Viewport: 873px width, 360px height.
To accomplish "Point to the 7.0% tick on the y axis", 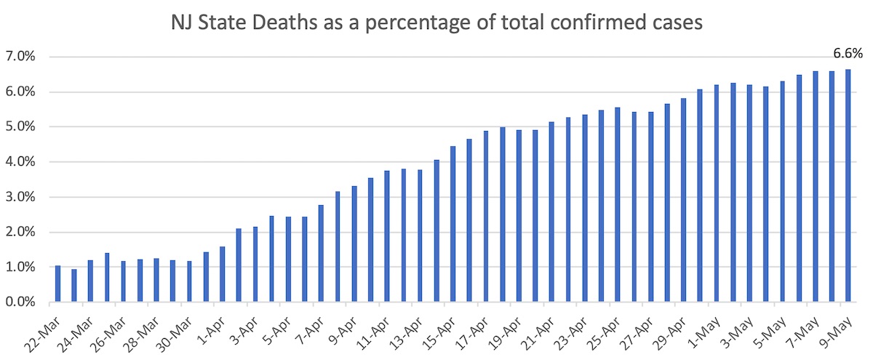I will [22, 57].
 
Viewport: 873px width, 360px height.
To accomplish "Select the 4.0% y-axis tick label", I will [22, 162].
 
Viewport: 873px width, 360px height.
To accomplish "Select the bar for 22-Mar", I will [57, 284].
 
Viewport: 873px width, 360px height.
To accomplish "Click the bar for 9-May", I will [848, 185].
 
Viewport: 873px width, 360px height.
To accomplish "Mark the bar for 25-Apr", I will [617, 204].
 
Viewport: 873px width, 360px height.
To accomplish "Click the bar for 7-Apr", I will [321, 253].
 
